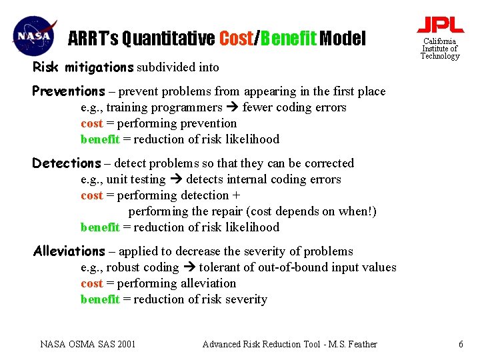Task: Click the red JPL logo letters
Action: click(x=440, y=25)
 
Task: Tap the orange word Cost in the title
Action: click(x=236, y=39)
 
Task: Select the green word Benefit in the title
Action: click(x=288, y=39)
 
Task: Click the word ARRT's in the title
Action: click(x=93, y=39)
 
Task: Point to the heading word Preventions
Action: click(x=69, y=91)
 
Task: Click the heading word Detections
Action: click(x=67, y=163)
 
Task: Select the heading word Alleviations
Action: click(x=69, y=251)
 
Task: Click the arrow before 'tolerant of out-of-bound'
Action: click(x=189, y=267)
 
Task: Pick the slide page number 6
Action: click(x=460, y=344)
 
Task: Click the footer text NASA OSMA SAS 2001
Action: click(x=88, y=344)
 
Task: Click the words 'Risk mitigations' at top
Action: click(x=83, y=67)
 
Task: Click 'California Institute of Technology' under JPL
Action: click(x=440, y=49)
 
